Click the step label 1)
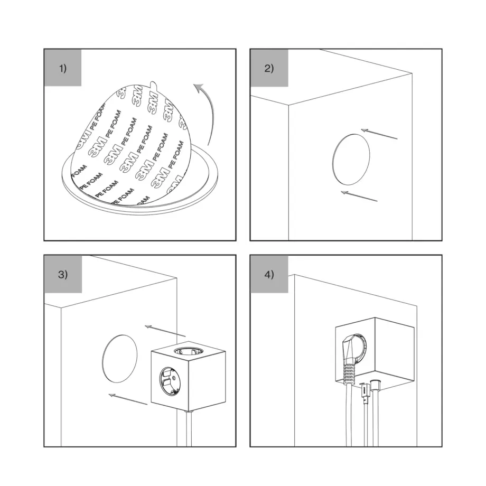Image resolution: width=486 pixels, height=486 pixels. click(x=63, y=69)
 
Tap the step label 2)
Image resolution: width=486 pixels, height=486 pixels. click(x=269, y=69)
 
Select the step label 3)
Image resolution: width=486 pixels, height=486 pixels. click(x=63, y=275)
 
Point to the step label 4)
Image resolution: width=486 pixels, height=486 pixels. click(x=269, y=275)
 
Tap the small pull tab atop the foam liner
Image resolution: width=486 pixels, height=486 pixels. click(x=154, y=84)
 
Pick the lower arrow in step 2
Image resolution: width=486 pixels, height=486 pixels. click(x=359, y=196)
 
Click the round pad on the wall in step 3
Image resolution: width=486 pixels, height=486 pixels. click(x=120, y=358)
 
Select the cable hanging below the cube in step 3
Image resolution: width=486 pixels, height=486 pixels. click(x=189, y=428)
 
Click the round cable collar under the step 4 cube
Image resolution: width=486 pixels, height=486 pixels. click(x=376, y=385)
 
